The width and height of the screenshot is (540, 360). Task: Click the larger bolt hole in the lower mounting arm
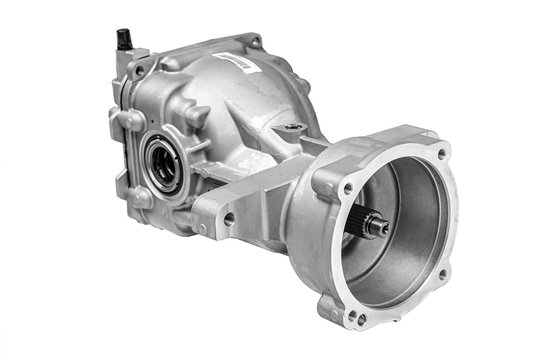click(x=230, y=217)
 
